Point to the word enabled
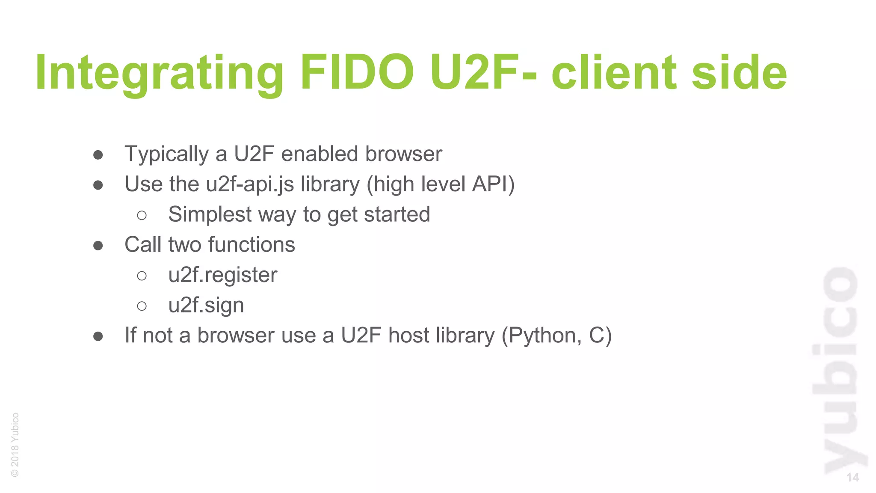[x=319, y=154]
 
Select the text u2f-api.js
[x=250, y=184]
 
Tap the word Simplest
[x=210, y=214]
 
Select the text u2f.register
[x=223, y=275]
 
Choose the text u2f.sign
[x=206, y=306]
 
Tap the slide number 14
[x=852, y=478]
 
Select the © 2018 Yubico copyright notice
[x=15, y=445]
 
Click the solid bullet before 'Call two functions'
[x=98, y=246]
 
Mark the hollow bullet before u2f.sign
[x=142, y=306]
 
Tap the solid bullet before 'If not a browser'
[x=98, y=336]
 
